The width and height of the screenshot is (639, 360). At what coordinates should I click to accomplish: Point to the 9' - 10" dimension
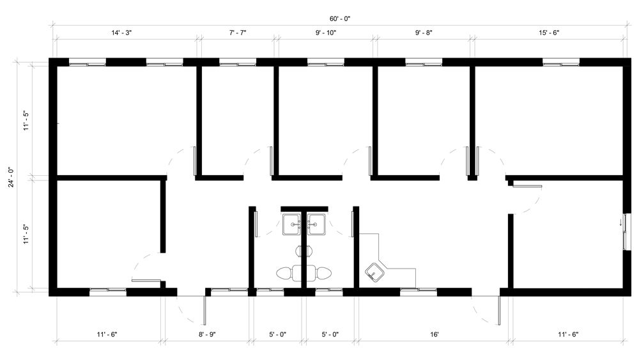pos(327,33)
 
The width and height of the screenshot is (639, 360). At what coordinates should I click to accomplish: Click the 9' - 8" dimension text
pos(424,33)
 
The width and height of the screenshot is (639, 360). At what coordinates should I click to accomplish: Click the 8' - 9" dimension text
pos(206,334)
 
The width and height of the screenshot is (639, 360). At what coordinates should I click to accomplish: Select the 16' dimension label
pos(434,334)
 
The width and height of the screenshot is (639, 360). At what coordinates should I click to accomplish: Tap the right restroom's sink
pos(316,224)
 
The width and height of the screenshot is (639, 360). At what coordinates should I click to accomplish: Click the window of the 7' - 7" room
pos(238,62)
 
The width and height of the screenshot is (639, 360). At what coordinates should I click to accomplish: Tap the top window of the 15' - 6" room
pos(561,62)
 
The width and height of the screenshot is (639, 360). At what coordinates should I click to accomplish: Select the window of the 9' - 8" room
pos(423,62)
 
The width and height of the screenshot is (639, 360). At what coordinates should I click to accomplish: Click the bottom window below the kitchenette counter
pos(419,292)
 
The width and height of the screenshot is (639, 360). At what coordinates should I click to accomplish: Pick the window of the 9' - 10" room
pos(326,62)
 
